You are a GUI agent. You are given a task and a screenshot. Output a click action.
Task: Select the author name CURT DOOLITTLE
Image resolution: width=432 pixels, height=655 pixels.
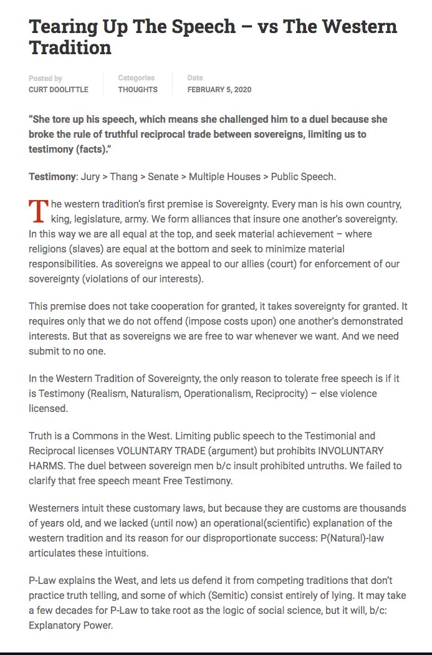[x=59, y=90]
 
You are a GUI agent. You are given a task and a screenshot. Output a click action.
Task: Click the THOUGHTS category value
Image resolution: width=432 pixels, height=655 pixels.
[x=138, y=90]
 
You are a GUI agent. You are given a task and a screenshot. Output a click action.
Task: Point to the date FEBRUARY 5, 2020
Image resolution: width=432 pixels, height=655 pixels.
[x=219, y=90]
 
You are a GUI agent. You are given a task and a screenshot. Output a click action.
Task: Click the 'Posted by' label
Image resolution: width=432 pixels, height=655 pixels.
[x=46, y=79]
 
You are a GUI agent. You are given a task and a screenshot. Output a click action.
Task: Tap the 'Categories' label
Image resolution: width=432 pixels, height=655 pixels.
[x=137, y=79]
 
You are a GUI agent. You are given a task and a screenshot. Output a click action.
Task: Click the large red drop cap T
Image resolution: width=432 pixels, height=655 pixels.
[x=38, y=211]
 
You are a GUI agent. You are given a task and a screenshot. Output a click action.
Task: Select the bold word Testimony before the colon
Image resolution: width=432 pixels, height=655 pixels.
[x=52, y=176]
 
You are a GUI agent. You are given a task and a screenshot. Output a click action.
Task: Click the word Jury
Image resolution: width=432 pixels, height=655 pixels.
[x=90, y=176]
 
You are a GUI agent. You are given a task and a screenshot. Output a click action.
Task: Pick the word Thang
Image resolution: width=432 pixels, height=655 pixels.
[x=124, y=176]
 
